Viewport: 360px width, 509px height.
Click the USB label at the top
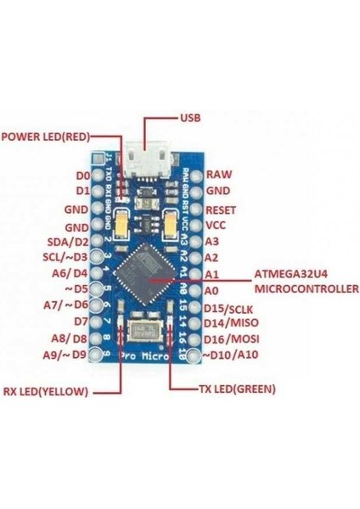(x=191, y=117)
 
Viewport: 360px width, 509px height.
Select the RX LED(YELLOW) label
(x=49, y=392)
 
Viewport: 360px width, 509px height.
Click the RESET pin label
(x=222, y=208)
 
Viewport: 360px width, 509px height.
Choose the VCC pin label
(x=217, y=225)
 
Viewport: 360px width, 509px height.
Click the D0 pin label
(x=82, y=176)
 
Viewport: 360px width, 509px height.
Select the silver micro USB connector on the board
(x=144, y=160)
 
